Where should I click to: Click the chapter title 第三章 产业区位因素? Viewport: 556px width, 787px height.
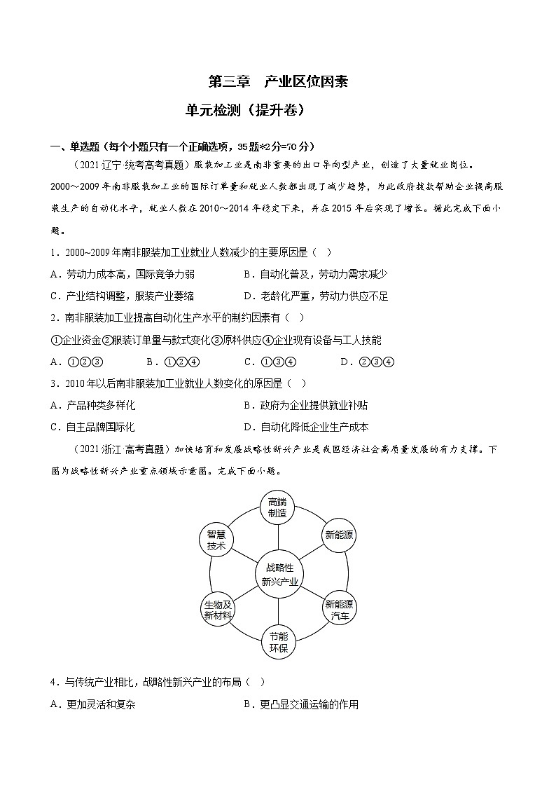click(x=278, y=82)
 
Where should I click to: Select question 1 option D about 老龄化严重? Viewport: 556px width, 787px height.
click(x=316, y=296)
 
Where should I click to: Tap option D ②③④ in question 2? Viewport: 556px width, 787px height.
click(x=368, y=362)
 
